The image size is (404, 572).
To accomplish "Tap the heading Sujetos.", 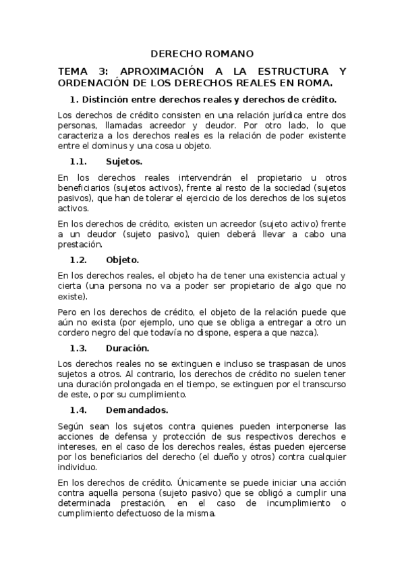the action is point(124,162).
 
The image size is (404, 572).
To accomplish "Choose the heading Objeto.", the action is point(123,259).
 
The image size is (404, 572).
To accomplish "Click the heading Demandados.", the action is point(137,409).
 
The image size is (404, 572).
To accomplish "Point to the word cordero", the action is point(75,333).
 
